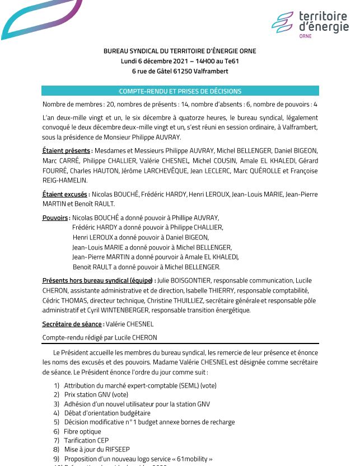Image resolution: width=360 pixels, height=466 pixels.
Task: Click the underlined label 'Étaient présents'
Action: (67, 151)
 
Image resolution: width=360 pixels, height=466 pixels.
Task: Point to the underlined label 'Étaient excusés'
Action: (65, 194)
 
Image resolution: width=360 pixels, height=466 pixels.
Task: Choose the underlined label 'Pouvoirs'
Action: (56, 218)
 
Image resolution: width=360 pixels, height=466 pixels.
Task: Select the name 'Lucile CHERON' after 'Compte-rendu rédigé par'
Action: (137, 337)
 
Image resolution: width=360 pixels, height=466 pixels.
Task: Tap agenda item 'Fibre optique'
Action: (82, 431)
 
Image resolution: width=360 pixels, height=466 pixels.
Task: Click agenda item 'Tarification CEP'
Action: (86, 440)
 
